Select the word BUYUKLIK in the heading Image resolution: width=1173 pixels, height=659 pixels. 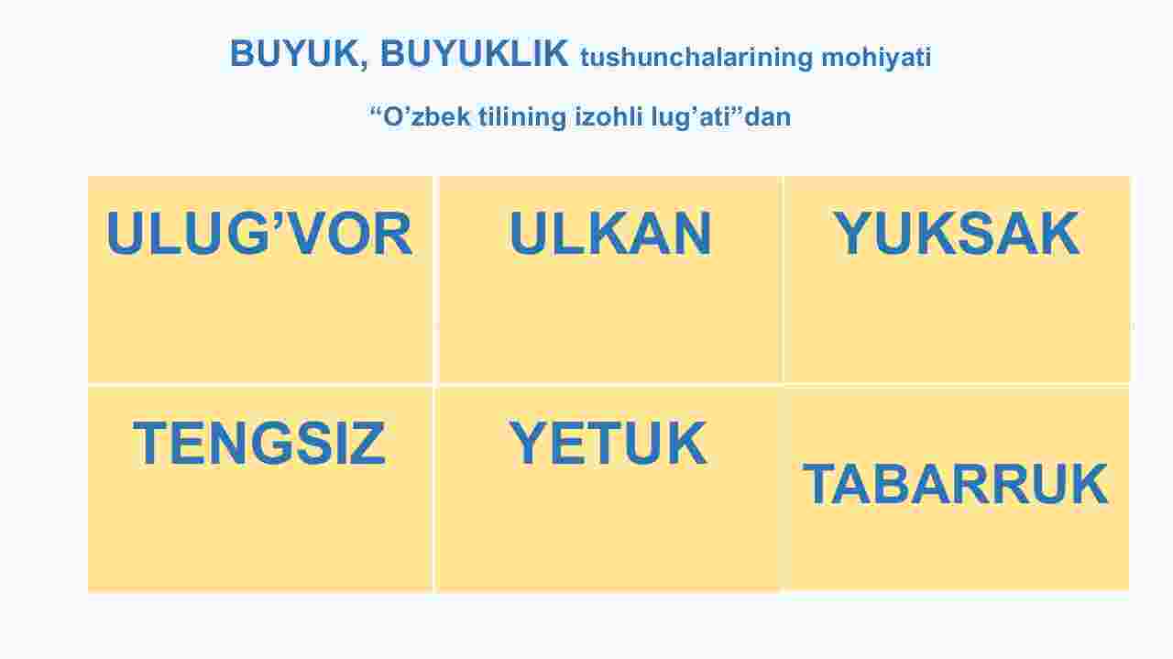tap(474, 53)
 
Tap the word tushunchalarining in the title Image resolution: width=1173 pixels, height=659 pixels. tap(696, 58)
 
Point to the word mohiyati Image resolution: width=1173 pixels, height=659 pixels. tap(876, 58)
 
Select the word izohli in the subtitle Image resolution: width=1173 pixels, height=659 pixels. tap(608, 116)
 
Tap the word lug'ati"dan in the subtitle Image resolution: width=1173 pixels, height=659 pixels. tap(721, 116)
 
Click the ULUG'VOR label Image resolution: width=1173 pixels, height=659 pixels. tap(259, 233)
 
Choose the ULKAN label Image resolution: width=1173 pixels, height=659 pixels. tap(610, 233)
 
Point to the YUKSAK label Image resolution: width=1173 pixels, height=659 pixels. tap(956, 233)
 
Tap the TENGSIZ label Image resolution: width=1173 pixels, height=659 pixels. tap(259, 443)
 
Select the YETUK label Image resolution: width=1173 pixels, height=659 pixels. tap(608, 443)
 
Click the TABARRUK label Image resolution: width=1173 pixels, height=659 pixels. tap(955, 484)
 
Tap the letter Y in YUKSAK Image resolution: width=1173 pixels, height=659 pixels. tap(852, 233)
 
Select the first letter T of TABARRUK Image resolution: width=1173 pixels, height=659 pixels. tap(821, 484)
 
